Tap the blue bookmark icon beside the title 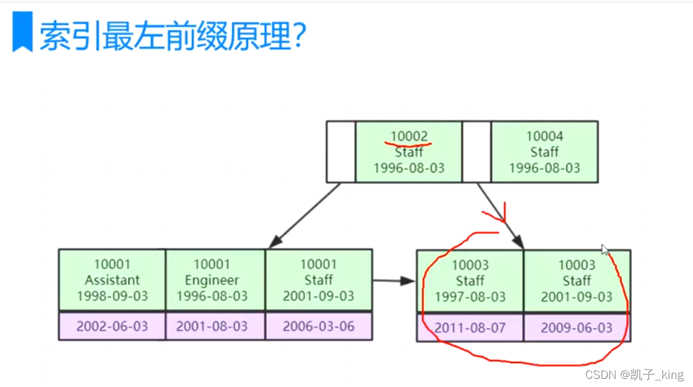22,32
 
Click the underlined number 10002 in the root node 409,136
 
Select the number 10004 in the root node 544,136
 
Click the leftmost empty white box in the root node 341,152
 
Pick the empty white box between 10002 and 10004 476,152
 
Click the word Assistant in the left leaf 112,280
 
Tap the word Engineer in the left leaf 212,280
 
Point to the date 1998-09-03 112,296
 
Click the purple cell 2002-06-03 112,326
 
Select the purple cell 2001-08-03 212,326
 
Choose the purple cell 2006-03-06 318,326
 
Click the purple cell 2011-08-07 470,328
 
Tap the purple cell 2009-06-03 576,328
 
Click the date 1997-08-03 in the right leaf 470,296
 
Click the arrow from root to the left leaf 305,215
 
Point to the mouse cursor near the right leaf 605,250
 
